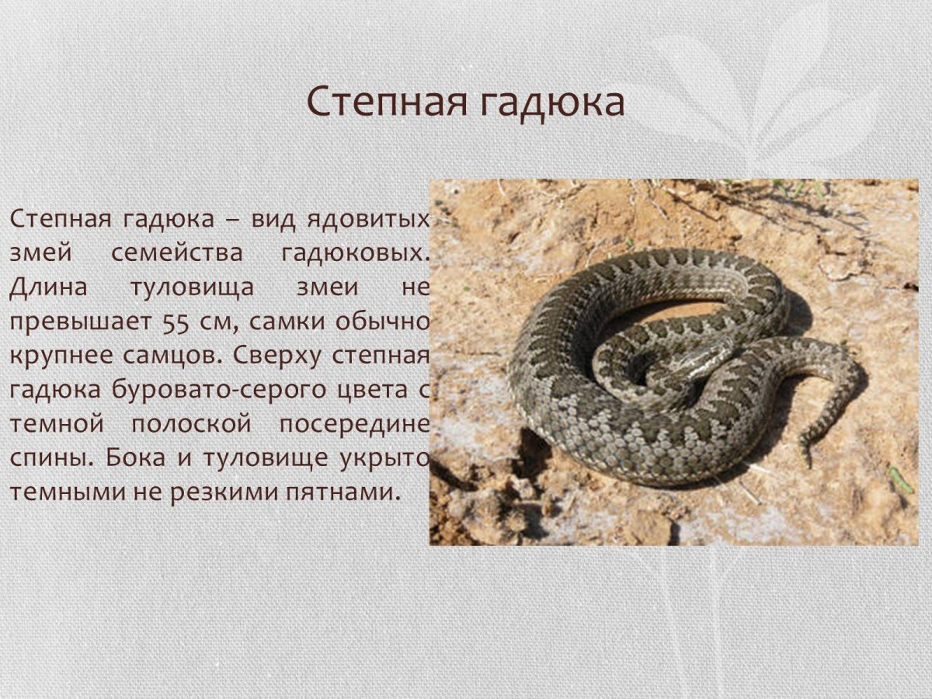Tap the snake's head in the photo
coord(703,359)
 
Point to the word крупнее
coord(58,355)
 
